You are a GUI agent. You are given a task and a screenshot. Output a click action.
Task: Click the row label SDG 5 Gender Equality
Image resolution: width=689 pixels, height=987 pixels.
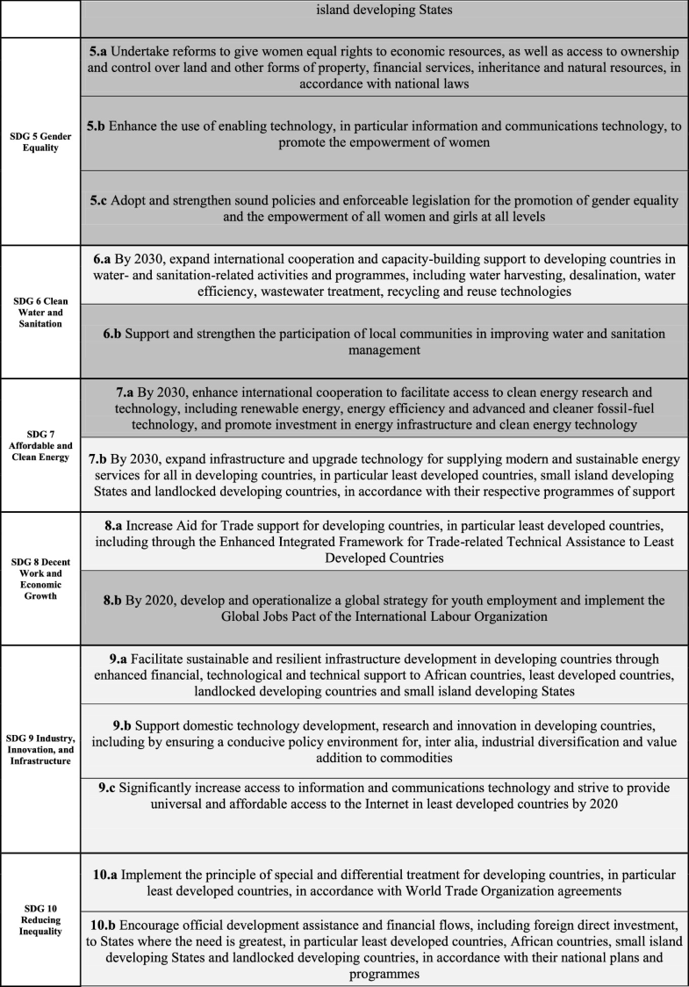[x=41, y=141]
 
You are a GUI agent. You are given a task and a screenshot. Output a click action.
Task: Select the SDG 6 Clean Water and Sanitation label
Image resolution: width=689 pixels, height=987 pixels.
[x=41, y=313]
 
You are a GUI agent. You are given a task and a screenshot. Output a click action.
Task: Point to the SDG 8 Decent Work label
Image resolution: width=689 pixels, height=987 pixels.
[x=41, y=580]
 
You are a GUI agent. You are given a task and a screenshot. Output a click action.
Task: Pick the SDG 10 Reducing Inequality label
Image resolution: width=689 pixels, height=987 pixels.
[x=41, y=919]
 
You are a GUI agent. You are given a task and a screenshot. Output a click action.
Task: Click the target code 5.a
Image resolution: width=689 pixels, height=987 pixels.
[x=98, y=53]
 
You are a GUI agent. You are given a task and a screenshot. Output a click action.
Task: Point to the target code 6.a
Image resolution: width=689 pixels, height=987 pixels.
[x=103, y=259]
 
